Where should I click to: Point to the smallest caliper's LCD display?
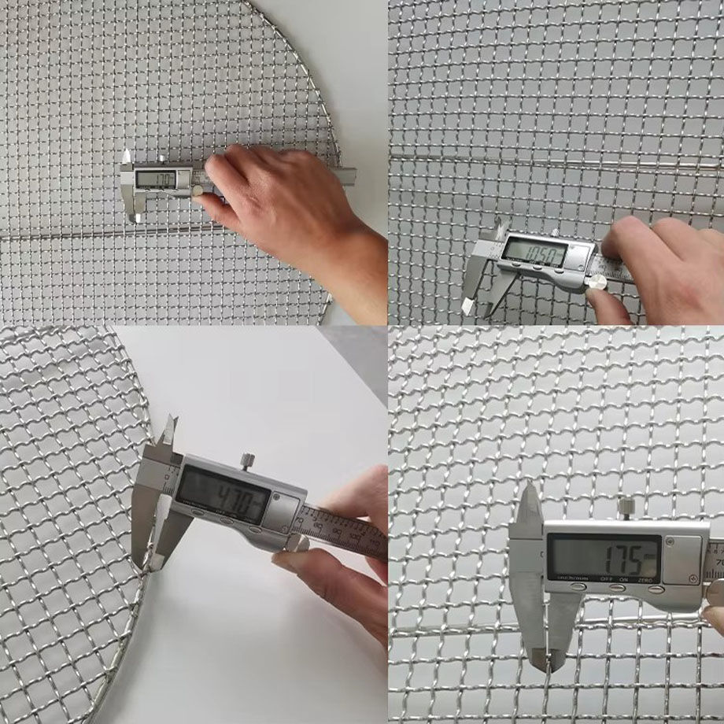(154, 179)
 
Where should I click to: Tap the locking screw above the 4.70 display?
(247, 460)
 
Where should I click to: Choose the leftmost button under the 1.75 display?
(578, 587)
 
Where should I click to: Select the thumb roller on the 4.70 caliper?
(293, 545)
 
